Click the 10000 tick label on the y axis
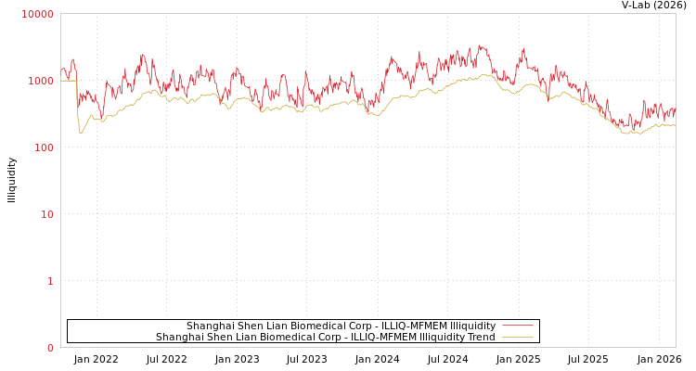click(37, 14)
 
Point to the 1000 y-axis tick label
click(40, 81)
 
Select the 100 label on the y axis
click(43, 147)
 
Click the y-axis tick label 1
click(50, 281)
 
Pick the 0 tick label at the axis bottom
click(50, 348)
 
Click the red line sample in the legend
click(517, 326)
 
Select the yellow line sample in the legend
click(517, 337)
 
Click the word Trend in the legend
click(480, 337)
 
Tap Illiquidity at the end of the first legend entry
click(472, 326)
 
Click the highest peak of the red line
click(481, 45)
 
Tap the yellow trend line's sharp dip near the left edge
click(81, 133)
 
